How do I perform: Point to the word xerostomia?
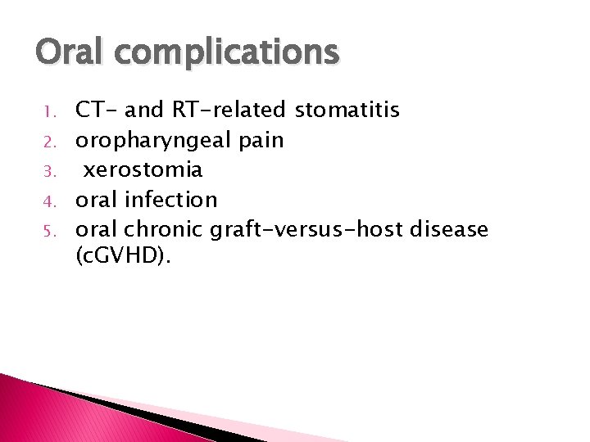pyautogui.click(x=143, y=169)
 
